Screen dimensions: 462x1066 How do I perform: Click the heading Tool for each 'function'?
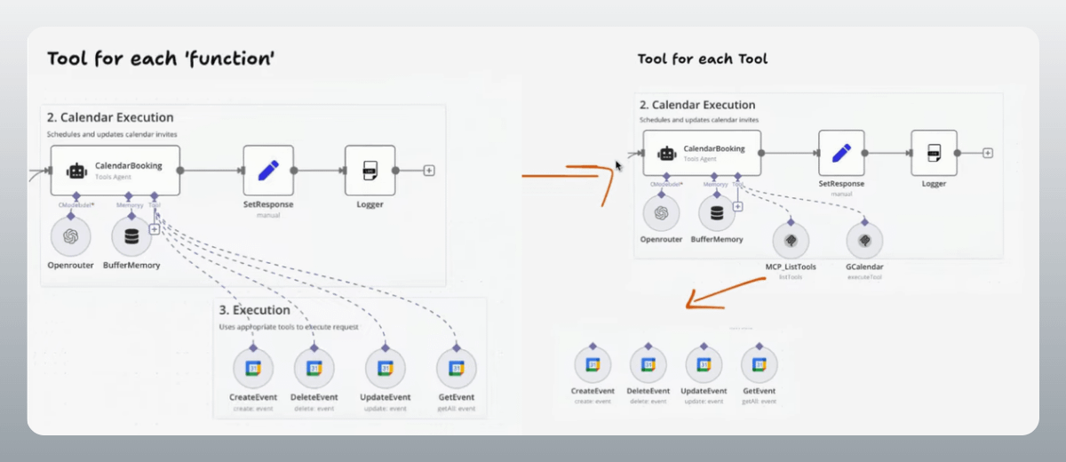coord(160,60)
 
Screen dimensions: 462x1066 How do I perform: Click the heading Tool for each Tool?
coord(702,59)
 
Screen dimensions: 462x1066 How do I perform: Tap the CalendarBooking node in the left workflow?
coord(115,171)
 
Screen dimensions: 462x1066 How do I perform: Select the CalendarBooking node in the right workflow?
coord(702,154)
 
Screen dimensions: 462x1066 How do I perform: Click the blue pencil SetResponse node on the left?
coord(268,170)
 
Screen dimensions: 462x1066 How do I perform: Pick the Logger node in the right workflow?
coord(934,153)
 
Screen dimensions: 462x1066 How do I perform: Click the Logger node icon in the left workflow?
coord(370,170)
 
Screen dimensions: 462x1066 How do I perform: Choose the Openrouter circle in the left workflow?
coord(70,235)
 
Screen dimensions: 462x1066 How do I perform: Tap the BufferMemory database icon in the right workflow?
coord(717,213)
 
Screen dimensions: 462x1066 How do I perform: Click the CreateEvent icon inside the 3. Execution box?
coord(253,368)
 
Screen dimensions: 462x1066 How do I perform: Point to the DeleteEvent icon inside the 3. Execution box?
coord(314,368)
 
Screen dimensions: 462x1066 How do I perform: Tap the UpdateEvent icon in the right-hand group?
coord(704,364)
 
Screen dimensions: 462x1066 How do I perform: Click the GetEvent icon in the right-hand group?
coord(759,364)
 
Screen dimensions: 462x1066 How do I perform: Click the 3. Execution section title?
coord(254,310)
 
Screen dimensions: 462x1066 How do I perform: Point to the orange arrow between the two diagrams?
coord(569,176)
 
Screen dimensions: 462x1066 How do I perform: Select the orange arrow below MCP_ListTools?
coord(724,293)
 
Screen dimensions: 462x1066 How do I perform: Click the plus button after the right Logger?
coord(988,153)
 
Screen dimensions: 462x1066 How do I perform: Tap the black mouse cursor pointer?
coord(619,165)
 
